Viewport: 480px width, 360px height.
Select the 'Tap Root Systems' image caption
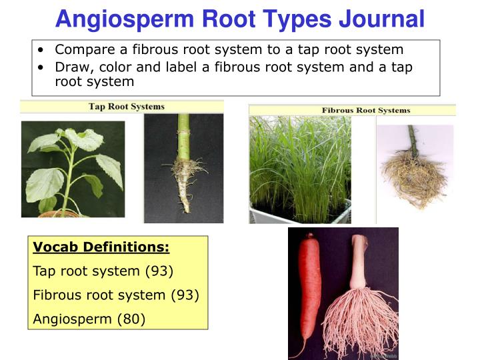pos(127,107)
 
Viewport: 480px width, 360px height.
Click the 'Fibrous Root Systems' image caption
pos(366,110)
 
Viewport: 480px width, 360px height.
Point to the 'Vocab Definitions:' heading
pos(101,248)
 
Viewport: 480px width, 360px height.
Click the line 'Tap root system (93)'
pos(103,271)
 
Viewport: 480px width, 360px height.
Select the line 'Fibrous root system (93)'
pos(116,295)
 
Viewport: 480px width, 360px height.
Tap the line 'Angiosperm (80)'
pos(89,319)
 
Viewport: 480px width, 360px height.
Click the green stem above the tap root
pos(183,133)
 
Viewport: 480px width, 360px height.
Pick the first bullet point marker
pos(42,50)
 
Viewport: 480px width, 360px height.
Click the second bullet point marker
pos(42,67)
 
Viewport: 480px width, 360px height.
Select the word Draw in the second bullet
pos(71,67)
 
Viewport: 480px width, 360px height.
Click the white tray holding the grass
pos(300,215)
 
